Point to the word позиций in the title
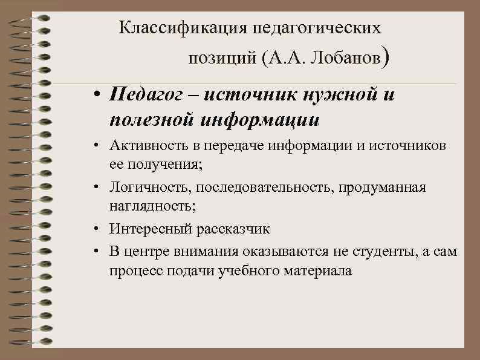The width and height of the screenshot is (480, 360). point(222,59)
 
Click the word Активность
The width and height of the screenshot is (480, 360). point(144,146)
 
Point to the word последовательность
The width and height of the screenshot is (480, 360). point(250,188)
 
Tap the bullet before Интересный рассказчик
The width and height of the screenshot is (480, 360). point(97,230)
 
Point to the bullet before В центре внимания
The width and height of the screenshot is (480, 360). point(97,251)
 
